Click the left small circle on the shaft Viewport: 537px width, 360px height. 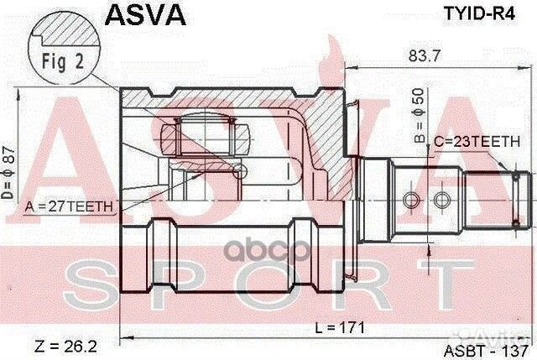pyautogui.click(x=410, y=200)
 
